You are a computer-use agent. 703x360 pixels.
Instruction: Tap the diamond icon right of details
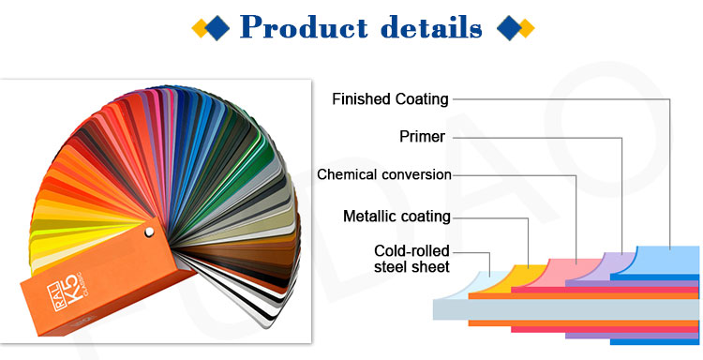(515, 28)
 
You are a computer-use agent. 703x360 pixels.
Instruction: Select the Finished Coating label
(390, 98)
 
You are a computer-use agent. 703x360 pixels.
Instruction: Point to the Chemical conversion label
(384, 174)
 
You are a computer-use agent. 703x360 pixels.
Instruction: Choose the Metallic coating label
(396, 217)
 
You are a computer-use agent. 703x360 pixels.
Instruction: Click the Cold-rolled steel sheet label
(411, 259)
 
